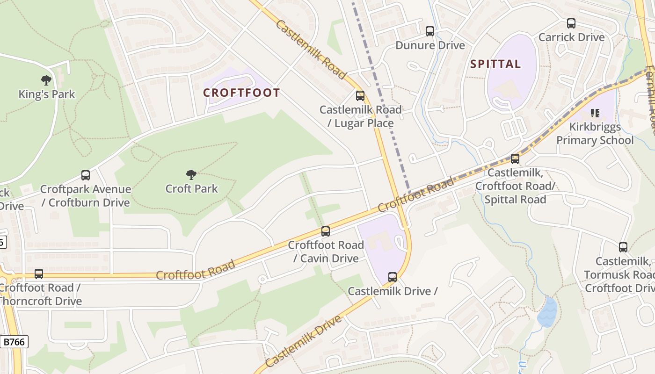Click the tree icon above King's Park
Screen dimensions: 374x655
46,80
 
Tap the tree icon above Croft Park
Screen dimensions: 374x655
191,175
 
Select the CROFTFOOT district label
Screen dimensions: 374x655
241,93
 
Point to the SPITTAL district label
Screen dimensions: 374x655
495,64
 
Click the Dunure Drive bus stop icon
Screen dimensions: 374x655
430,31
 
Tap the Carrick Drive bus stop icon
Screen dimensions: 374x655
571,23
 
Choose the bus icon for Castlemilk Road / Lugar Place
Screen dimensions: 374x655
360,96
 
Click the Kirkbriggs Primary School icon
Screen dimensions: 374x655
595,113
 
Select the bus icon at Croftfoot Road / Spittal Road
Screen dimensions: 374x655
515,159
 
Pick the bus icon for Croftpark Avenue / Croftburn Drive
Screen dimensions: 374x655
86,175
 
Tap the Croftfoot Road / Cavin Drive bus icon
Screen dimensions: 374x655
326,231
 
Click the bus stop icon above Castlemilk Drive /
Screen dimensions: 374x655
393,277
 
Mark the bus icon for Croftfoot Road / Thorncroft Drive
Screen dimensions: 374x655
39,274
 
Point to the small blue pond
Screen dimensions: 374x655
547,312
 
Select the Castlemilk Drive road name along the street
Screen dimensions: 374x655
304,342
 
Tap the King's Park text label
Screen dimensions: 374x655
47,94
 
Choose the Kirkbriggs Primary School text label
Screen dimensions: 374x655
595,134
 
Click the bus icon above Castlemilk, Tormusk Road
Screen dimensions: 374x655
623,247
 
